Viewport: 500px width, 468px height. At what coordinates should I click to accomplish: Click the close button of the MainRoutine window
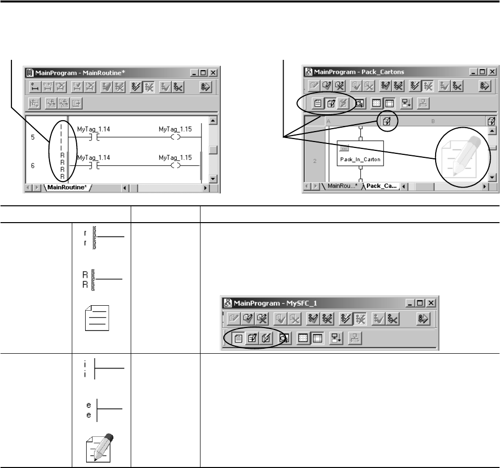213,73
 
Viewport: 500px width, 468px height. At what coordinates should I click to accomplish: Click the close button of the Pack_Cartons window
493,72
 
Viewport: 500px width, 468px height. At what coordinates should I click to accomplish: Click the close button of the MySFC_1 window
431,303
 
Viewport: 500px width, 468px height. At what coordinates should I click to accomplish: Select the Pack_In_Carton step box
360,153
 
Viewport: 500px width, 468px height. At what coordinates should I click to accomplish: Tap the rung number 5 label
33,137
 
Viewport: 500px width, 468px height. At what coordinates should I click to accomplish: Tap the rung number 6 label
33,166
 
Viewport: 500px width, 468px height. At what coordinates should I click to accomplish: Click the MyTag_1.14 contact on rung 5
94,138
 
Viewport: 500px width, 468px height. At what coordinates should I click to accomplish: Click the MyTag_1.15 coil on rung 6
175,166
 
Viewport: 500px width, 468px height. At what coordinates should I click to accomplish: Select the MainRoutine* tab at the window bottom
67,187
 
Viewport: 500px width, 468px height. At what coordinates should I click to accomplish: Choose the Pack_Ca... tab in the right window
381,186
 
